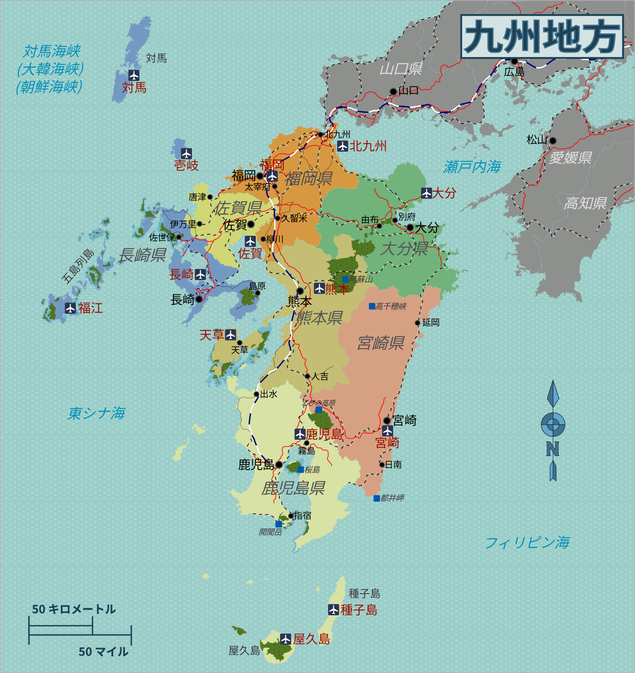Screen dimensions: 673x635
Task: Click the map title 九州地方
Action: (x=542, y=36)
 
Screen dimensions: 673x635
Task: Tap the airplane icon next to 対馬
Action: (x=134, y=75)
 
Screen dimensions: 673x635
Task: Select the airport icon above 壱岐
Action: (x=186, y=154)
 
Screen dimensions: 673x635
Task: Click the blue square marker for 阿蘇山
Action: (x=345, y=279)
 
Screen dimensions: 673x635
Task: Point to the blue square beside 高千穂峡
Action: (x=372, y=306)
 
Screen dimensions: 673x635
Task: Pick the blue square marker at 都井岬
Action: (x=376, y=498)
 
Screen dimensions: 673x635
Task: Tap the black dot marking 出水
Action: (x=257, y=394)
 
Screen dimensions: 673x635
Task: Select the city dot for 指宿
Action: (x=290, y=516)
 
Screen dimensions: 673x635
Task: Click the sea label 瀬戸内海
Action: (x=472, y=167)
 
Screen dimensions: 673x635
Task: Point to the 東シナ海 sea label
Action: (x=96, y=413)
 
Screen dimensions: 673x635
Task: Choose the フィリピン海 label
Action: (x=527, y=543)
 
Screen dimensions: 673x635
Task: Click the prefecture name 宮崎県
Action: (x=381, y=343)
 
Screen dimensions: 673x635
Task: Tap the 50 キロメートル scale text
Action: (x=74, y=609)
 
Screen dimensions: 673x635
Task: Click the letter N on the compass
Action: (x=553, y=449)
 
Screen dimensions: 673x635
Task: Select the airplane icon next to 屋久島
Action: (x=285, y=639)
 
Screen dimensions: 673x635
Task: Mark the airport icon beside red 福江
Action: (x=70, y=308)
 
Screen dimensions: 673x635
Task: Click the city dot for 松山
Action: (x=553, y=141)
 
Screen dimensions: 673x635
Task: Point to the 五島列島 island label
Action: (x=78, y=266)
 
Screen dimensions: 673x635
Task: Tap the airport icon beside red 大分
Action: (x=426, y=193)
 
